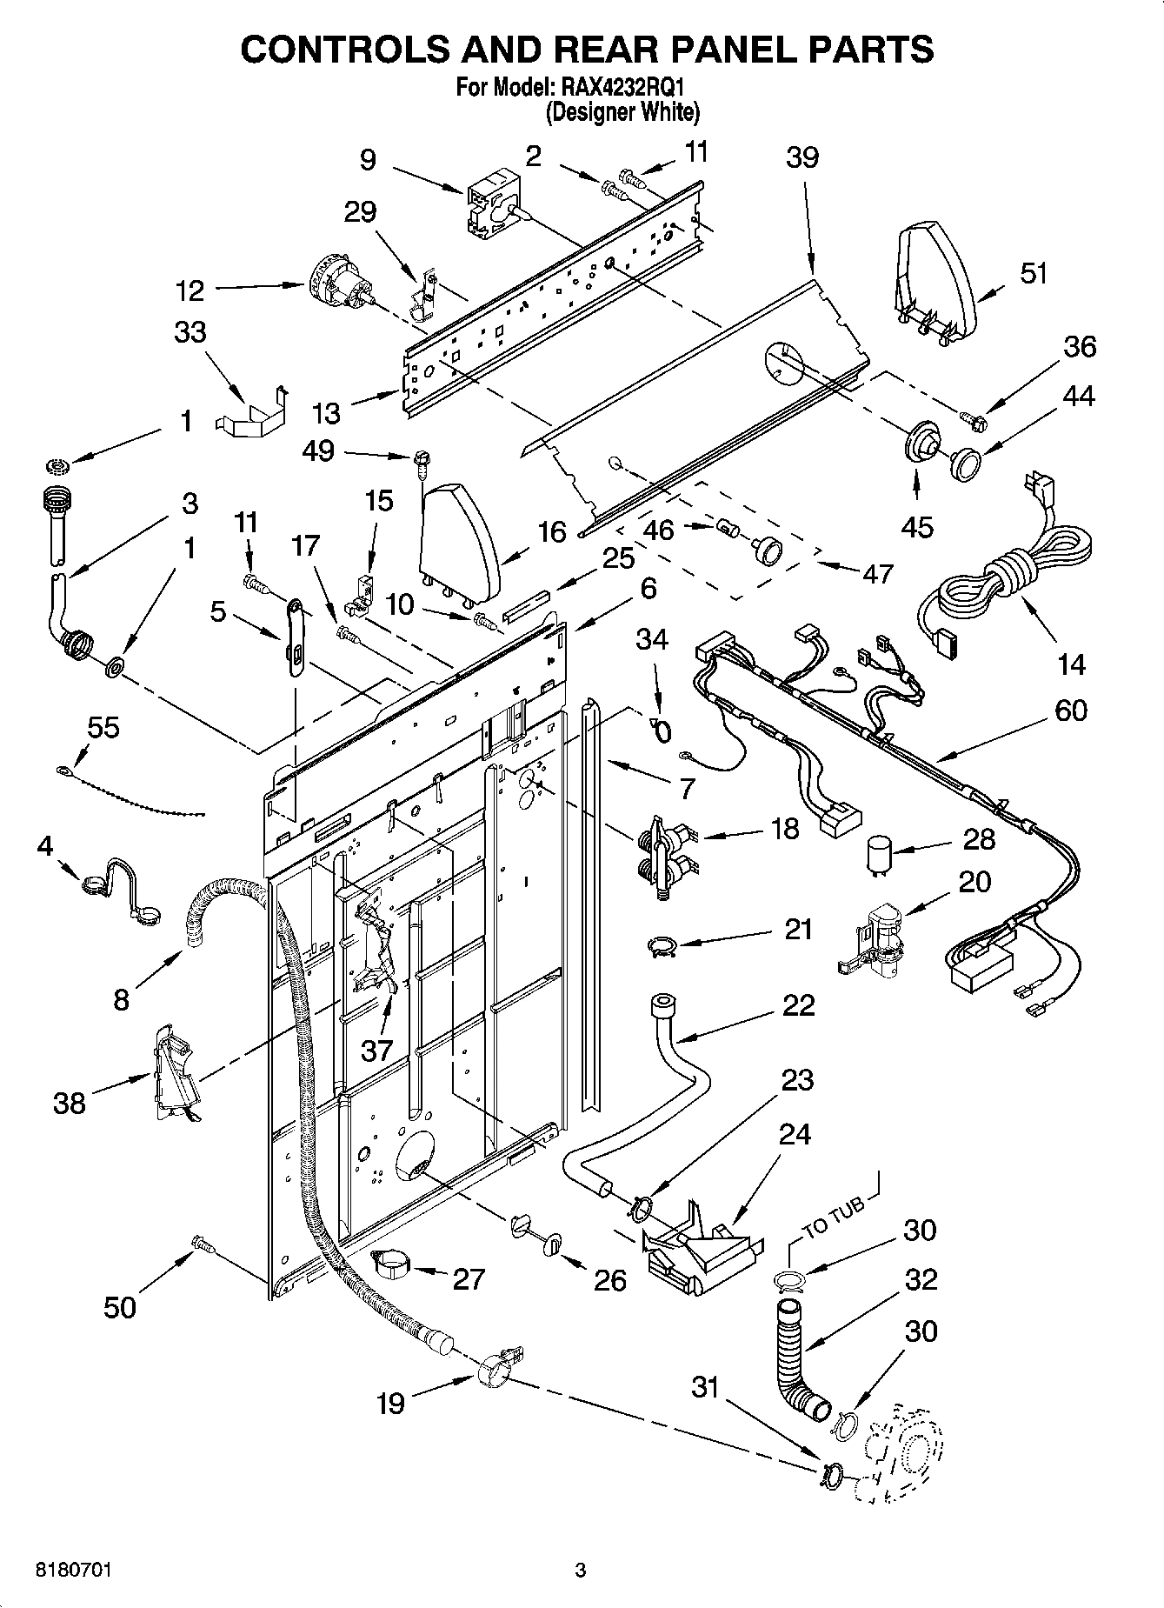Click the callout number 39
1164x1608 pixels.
[x=802, y=157]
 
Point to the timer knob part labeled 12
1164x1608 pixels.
[x=341, y=284]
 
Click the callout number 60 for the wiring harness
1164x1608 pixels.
[x=1070, y=711]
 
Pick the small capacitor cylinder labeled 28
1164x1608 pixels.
[x=881, y=853]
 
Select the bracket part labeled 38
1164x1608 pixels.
[x=173, y=1072]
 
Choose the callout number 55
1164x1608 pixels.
[x=103, y=727]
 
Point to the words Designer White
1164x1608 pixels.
[x=622, y=112]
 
